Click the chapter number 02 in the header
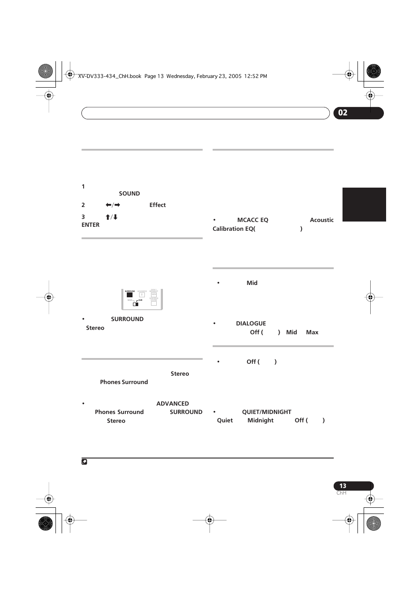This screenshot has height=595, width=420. click(x=343, y=113)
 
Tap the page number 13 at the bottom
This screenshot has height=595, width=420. click(x=343, y=486)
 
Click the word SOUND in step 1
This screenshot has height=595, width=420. click(x=129, y=194)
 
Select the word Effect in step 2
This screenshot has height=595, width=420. click(x=158, y=205)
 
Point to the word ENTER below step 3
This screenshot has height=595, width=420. click(x=91, y=225)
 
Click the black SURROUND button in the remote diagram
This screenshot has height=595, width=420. click(x=129, y=295)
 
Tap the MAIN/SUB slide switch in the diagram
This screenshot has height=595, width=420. click(x=136, y=303)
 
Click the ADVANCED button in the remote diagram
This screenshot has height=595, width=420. click(x=142, y=295)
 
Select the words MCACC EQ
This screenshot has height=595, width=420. click(x=253, y=220)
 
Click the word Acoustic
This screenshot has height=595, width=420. click(x=322, y=220)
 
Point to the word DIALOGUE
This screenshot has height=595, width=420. click(x=251, y=324)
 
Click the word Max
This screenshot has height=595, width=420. click(x=312, y=333)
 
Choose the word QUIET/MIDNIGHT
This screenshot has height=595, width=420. click(x=267, y=412)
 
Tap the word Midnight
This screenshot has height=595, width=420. click(x=261, y=421)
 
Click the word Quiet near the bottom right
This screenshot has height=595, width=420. click(x=225, y=421)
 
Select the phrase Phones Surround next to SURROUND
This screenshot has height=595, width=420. click(x=119, y=412)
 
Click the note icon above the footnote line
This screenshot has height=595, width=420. click(x=85, y=462)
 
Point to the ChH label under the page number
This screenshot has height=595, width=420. click(x=341, y=493)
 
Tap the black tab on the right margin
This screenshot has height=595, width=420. click(x=364, y=204)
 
